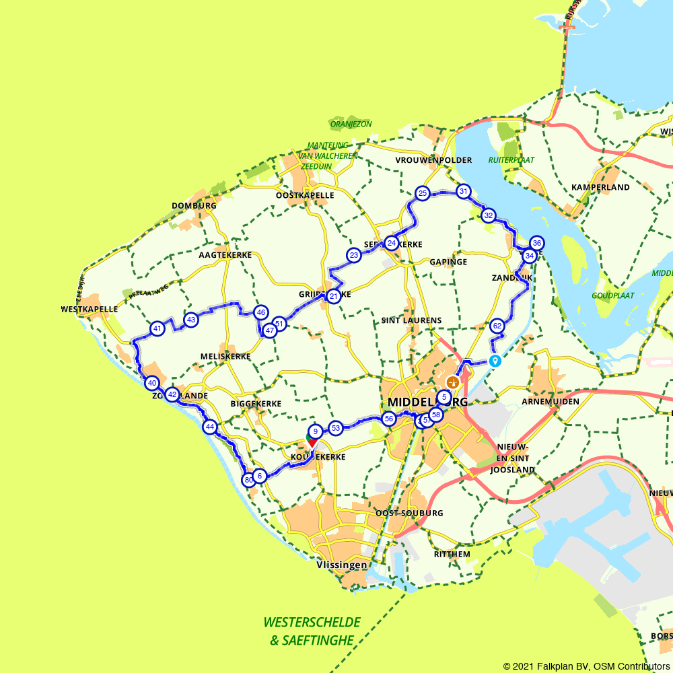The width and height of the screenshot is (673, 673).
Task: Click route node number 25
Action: (422, 194)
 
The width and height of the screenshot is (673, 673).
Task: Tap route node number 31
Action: (463, 192)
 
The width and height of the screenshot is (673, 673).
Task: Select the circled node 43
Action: (191, 320)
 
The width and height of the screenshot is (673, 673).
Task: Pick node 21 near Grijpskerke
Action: (333, 296)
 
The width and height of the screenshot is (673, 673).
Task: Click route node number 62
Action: (497, 326)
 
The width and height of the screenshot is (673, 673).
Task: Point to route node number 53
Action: (336, 427)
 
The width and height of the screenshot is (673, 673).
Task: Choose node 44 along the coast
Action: (210, 427)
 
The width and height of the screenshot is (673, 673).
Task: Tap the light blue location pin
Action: (495, 360)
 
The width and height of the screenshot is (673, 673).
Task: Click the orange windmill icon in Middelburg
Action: (453, 382)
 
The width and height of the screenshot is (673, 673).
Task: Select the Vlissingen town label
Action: (342, 565)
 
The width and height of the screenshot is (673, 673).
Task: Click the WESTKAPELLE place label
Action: (89, 310)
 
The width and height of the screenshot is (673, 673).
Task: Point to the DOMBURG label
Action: (194, 206)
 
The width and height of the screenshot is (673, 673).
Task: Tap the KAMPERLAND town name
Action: (600, 187)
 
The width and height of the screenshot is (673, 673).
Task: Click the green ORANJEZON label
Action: (351, 124)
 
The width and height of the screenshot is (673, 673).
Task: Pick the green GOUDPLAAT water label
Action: (612, 295)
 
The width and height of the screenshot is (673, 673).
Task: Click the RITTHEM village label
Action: (452, 554)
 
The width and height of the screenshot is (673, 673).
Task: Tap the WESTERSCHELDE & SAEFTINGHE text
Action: (312, 631)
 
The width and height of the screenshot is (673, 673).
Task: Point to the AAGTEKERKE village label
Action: (225, 256)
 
